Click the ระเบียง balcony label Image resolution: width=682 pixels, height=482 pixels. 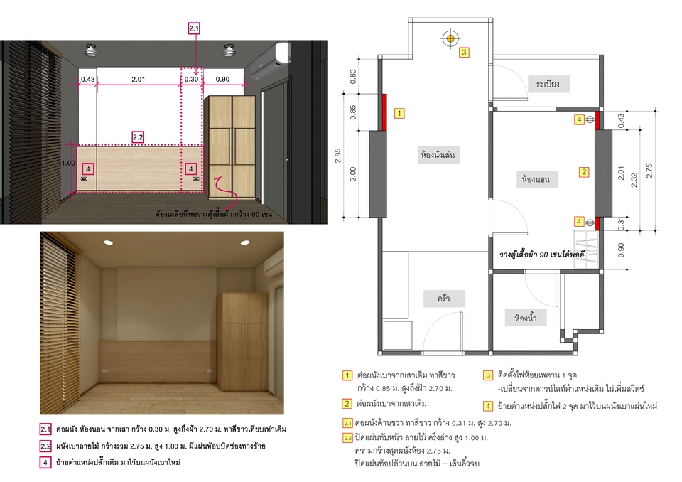[x=548, y=84]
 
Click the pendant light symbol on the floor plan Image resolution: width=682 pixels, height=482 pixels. [x=449, y=37]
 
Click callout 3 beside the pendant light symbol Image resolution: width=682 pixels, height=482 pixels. [x=463, y=52]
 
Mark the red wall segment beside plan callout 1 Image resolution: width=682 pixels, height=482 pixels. [x=384, y=112]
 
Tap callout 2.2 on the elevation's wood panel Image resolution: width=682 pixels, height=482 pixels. [x=138, y=136]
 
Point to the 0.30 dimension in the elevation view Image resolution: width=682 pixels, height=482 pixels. [x=192, y=80]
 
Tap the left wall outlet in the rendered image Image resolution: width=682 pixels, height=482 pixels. [x=107, y=370]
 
